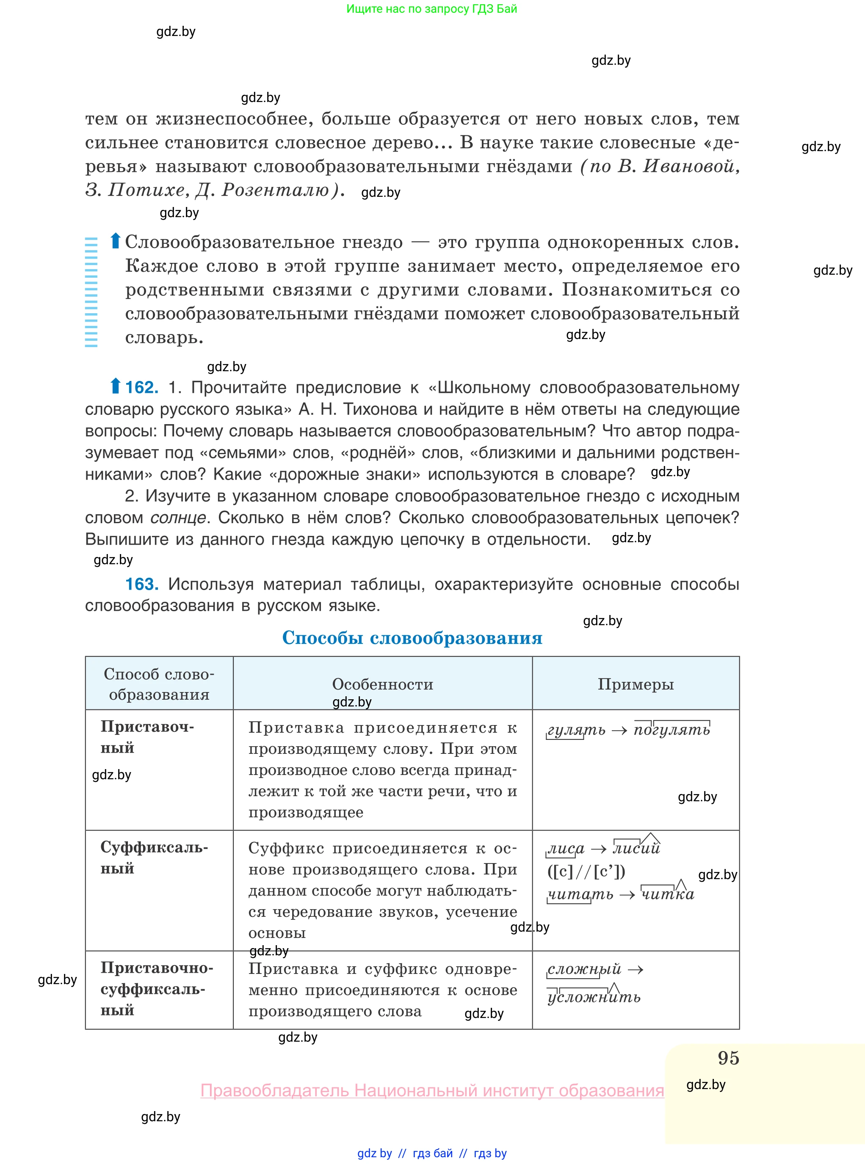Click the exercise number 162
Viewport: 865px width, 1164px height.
[x=141, y=387]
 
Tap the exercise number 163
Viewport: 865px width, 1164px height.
[x=141, y=584]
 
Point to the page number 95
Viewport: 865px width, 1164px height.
[x=728, y=1058]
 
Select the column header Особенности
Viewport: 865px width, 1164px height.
[x=383, y=684]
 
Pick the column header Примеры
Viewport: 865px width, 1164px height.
[x=636, y=684]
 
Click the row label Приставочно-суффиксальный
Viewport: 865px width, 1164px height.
[x=156, y=989]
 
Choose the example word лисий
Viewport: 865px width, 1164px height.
[x=636, y=848]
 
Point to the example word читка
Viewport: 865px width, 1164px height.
[x=668, y=894]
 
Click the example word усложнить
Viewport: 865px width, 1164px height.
[x=594, y=997]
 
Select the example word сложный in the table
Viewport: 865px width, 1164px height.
[x=584, y=969]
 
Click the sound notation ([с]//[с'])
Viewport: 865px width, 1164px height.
[x=586, y=871]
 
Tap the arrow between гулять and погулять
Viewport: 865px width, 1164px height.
[x=619, y=731]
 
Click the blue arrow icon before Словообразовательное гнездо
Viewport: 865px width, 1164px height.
[x=115, y=241]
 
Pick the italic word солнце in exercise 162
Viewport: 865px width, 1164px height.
[x=177, y=518]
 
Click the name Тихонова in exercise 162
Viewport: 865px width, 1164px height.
[x=380, y=409]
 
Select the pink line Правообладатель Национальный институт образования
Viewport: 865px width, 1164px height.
[x=432, y=1090]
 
